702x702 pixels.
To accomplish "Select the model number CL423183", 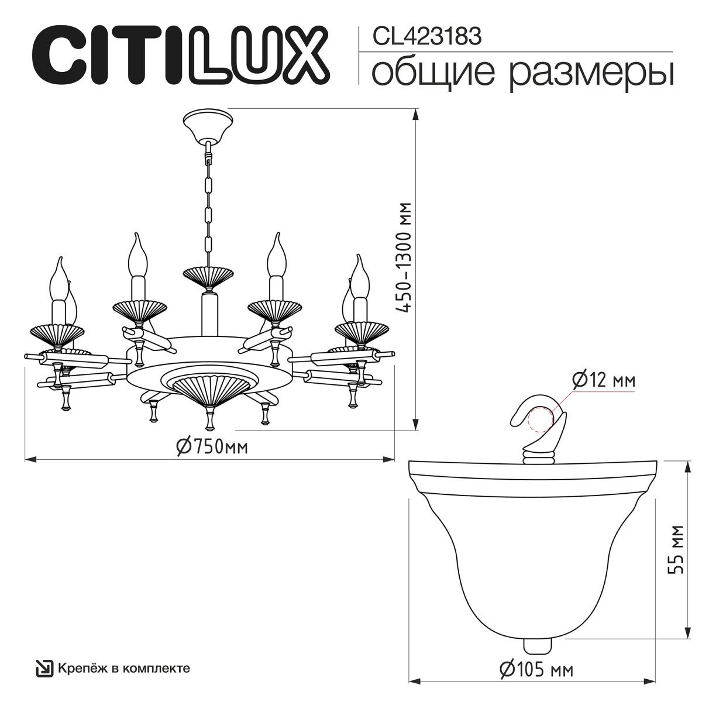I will point(427,37).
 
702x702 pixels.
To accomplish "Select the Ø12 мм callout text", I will point(603,381).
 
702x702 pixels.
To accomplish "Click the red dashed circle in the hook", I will point(539,419).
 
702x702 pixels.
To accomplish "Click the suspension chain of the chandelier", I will point(207,199).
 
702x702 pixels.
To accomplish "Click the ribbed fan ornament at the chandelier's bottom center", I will point(209,391).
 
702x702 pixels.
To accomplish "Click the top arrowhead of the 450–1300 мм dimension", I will point(415,113).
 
